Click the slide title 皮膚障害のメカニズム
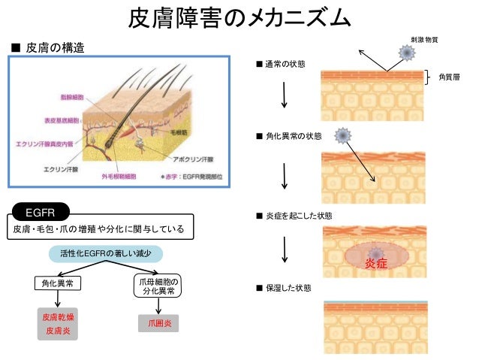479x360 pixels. [x=239, y=17]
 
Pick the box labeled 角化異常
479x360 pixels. [x=58, y=284]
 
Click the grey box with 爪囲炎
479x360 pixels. [x=159, y=323]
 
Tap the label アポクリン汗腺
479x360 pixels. [x=193, y=159]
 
